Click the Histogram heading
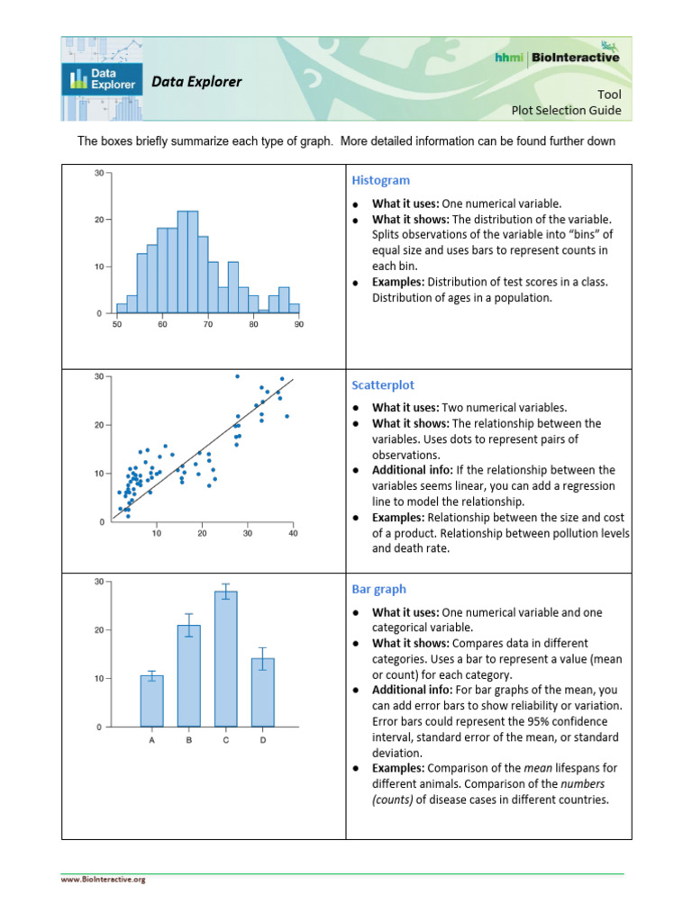(x=380, y=180)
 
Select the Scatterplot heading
(x=383, y=384)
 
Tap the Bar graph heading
(x=378, y=589)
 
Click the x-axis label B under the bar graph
(x=189, y=740)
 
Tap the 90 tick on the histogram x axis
(x=299, y=324)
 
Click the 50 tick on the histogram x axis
(x=117, y=324)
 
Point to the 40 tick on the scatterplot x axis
(x=294, y=533)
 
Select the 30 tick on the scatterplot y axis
(x=98, y=376)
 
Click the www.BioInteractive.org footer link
(x=103, y=880)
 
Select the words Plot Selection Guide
(x=566, y=111)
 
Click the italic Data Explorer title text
(x=196, y=82)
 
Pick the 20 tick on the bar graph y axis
(x=98, y=630)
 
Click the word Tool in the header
(x=609, y=95)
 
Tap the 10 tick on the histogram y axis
(x=98, y=267)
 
